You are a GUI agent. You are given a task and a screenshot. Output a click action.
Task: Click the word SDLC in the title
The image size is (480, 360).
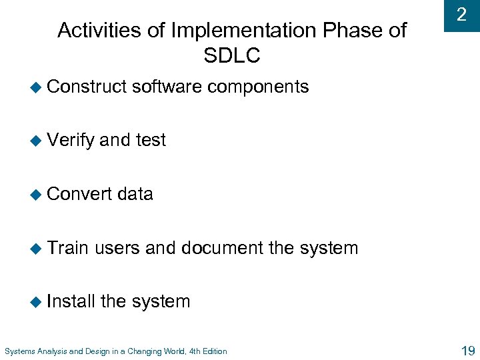(x=231, y=56)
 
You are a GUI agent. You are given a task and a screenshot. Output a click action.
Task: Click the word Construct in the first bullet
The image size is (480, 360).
(x=87, y=87)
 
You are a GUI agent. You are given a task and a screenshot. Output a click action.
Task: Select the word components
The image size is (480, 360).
(x=258, y=87)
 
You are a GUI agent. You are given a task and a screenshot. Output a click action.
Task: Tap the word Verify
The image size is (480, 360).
(x=71, y=140)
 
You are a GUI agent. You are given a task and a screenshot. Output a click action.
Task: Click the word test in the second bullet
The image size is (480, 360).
(x=151, y=140)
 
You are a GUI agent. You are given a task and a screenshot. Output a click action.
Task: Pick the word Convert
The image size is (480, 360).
(x=79, y=194)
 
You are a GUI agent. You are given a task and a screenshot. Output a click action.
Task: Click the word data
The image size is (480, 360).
(x=135, y=194)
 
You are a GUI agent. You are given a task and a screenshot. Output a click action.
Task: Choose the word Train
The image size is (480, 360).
(x=68, y=248)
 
